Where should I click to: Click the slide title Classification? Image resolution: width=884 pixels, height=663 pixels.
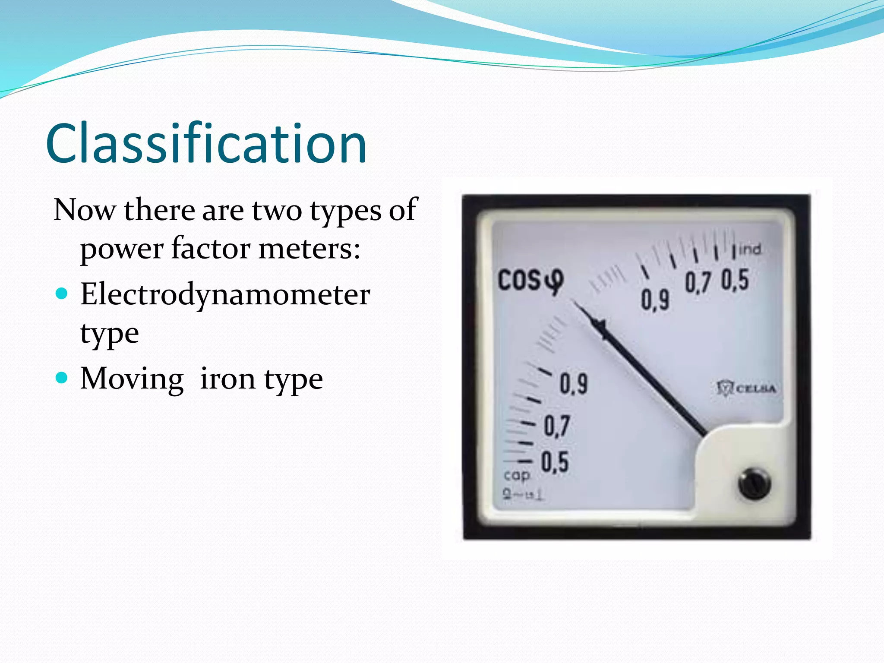tap(206, 144)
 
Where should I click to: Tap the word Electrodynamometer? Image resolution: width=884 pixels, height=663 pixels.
tap(225, 295)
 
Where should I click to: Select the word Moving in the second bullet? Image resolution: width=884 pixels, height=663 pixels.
tap(132, 379)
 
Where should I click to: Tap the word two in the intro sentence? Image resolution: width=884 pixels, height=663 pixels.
tap(277, 210)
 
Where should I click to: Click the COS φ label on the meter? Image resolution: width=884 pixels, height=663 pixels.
tap(530, 281)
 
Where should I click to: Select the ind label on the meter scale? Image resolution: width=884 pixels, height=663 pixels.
tap(750, 249)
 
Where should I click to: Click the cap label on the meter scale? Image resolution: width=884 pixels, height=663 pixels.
tap(517, 475)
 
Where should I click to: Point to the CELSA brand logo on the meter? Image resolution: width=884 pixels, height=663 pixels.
tap(747, 388)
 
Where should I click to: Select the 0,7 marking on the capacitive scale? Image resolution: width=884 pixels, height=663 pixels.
tap(557, 426)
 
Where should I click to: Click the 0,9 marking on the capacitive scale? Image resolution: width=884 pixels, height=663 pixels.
tap(574, 383)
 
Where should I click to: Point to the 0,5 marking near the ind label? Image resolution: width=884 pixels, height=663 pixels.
tap(735, 280)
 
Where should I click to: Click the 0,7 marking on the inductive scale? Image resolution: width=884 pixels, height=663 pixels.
tap(698, 283)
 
